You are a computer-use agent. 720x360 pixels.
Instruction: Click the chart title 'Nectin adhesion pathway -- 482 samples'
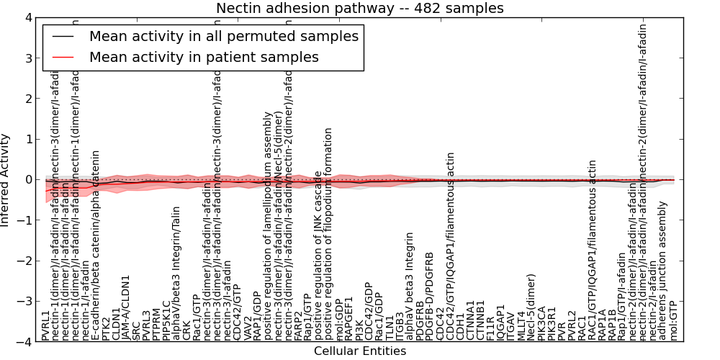click(x=360, y=8)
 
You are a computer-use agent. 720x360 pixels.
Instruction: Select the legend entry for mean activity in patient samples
click(x=204, y=57)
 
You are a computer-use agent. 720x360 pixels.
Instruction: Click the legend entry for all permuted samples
click(x=223, y=36)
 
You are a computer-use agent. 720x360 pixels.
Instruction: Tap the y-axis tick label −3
click(x=24, y=302)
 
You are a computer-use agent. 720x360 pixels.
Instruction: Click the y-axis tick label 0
click(x=27, y=180)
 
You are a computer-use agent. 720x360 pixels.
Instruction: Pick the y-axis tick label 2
click(x=27, y=99)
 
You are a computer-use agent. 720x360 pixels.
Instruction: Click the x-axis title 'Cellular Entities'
click(x=360, y=351)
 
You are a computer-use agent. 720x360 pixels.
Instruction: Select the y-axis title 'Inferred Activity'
click(x=6, y=180)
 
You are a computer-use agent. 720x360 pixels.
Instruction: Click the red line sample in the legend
click(x=63, y=57)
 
